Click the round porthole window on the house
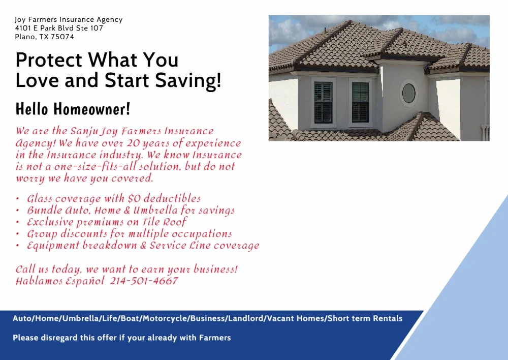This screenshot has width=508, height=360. (x=409, y=93)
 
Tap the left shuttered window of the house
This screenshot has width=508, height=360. (x=323, y=103)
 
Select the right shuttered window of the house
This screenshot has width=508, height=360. (x=360, y=103)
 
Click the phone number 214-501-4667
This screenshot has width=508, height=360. (x=144, y=281)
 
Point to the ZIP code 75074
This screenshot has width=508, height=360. (x=62, y=37)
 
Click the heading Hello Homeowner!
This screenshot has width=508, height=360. (x=73, y=109)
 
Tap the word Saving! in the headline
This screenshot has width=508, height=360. (x=188, y=80)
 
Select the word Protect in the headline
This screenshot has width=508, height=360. (x=49, y=59)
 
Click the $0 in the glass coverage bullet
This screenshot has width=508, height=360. (x=134, y=198)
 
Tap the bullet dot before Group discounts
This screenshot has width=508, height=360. (x=17, y=234)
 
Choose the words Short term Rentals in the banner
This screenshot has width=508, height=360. (x=365, y=318)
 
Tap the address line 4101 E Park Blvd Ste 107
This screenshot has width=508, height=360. (x=59, y=28)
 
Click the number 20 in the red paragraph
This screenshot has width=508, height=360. (x=133, y=143)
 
